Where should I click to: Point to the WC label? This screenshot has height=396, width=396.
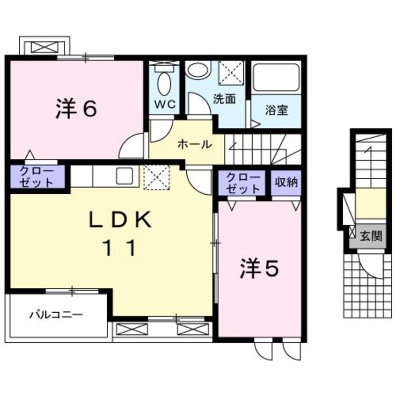click(x=163, y=105)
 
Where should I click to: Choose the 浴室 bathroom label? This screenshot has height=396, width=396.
click(x=276, y=111)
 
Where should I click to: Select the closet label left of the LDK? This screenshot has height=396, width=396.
click(x=38, y=176)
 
